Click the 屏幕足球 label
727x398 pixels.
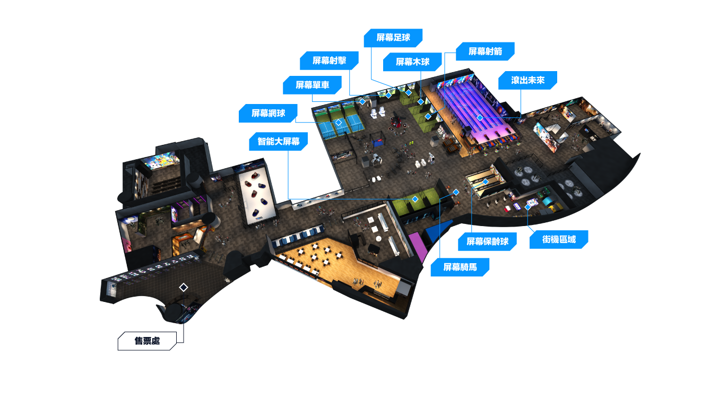coord(393,38)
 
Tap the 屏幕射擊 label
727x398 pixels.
coord(329,60)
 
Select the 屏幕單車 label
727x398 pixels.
coord(312,85)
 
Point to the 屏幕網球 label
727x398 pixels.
coord(268,113)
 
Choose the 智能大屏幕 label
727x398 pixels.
coord(279,141)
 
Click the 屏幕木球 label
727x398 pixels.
coord(412,62)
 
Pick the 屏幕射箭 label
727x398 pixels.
coord(485,51)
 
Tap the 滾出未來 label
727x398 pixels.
coord(527,80)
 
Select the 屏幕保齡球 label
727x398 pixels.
coord(488,241)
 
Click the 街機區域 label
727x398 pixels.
coord(559,239)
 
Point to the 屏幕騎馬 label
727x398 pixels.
coord(460,267)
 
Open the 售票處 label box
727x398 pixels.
coord(147,341)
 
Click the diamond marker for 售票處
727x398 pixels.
coord(184,287)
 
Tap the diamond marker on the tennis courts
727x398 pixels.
coord(339,123)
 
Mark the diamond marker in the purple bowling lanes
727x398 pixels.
coord(480,117)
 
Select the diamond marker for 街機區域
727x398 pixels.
coord(527,207)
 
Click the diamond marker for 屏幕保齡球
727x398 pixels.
coord(486,181)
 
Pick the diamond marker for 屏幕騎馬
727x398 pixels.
coord(456,192)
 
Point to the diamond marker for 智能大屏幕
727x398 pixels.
coord(415,199)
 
